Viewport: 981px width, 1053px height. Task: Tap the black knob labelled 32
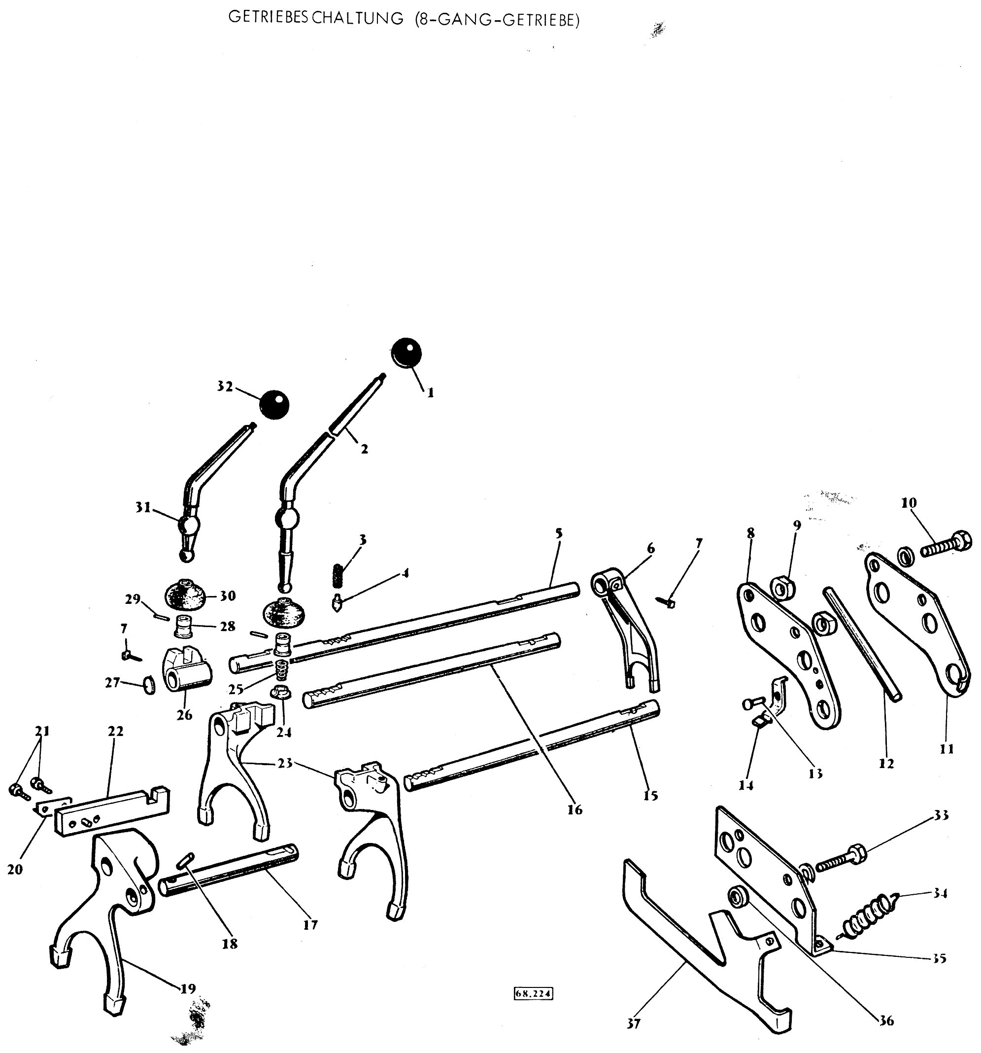pos(275,405)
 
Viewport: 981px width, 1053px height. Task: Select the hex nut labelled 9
pos(779,588)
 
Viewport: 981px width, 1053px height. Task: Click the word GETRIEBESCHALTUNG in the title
pos(315,19)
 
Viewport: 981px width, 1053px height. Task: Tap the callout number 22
pos(115,731)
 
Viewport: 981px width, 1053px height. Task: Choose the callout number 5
pos(559,532)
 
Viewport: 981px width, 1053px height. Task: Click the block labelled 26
pos(186,669)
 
